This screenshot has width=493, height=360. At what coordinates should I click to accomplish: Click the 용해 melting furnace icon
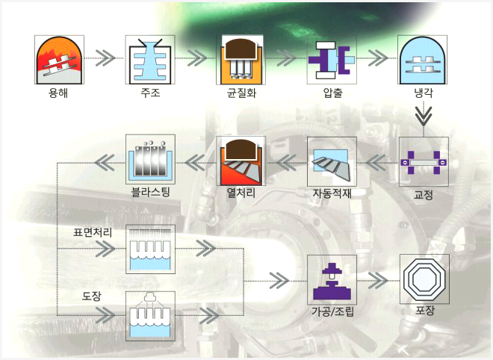pyautogui.click(x=59, y=60)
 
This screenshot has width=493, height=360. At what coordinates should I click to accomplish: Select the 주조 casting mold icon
pyautogui.click(x=150, y=60)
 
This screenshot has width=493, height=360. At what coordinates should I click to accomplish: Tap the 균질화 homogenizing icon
pyautogui.click(x=241, y=60)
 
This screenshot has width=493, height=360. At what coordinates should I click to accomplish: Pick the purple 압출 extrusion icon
pyautogui.click(x=332, y=60)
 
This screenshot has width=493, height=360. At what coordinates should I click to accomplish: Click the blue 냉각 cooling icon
pyautogui.click(x=423, y=60)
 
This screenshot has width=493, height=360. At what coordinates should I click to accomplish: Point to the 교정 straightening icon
pyautogui.click(x=424, y=161)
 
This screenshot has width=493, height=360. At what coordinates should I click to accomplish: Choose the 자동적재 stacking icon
pyautogui.click(x=332, y=161)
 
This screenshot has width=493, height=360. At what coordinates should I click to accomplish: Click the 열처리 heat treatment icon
pyautogui.click(x=241, y=161)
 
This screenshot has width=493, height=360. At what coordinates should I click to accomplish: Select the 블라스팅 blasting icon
pyautogui.click(x=150, y=159)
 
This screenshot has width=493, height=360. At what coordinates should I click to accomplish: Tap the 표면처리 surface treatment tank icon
pyautogui.click(x=150, y=249)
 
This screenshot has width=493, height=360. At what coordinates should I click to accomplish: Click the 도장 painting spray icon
pyautogui.click(x=150, y=316)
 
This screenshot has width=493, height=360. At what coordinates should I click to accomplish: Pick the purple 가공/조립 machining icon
pyautogui.click(x=332, y=279)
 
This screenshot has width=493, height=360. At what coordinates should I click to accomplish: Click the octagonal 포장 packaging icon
pyautogui.click(x=424, y=279)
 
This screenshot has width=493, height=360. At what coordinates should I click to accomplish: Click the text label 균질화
pyautogui.click(x=241, y=93)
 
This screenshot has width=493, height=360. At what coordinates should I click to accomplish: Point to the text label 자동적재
pyautogui.click(x=332, y=193)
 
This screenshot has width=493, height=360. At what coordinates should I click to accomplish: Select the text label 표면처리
pyautogui.click(x=93, y=232)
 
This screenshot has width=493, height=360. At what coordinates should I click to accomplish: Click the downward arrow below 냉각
pyautogui.click(x=424, y=116)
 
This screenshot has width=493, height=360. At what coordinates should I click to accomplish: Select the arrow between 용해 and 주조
pyautogui.click(x=105, y=58)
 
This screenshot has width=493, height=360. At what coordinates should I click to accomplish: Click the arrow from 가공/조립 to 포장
pyautogui.click(x=378, y=280)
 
